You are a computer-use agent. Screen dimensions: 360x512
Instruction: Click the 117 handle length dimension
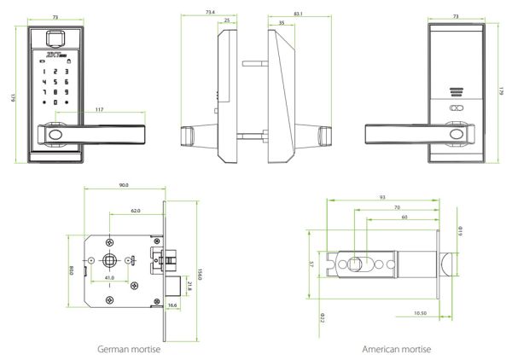(99, 109)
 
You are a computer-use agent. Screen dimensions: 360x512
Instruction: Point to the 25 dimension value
(226, 20)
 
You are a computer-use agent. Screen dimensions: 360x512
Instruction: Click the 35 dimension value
(282, 20)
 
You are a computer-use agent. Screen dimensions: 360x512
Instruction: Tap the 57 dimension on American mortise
(311, 264)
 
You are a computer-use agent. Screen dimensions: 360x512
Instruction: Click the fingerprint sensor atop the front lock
(56, 38)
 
